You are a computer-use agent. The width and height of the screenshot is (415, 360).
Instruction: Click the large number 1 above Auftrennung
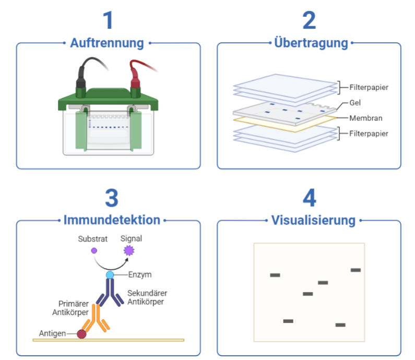point(108,20)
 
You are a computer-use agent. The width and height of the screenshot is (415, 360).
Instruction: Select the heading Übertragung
point(311,43)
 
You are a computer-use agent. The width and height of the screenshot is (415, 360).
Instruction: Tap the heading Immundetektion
point(111,220)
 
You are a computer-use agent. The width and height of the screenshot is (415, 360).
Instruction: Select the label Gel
point(355,103)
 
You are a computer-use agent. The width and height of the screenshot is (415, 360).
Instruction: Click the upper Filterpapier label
point(369,87)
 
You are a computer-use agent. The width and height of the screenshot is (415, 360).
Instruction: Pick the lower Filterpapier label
point(369,134)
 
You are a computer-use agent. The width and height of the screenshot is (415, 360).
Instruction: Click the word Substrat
point(92,239)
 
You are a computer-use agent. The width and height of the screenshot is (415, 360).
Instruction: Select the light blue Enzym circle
point(110,274)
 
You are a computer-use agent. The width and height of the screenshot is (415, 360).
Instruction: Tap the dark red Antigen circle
point(82,334)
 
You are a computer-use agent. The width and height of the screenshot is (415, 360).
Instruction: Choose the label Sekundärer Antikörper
point(147,297)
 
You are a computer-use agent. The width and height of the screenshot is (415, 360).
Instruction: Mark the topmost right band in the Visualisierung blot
point(355,270)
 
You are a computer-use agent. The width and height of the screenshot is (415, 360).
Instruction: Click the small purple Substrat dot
point(94,250)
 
